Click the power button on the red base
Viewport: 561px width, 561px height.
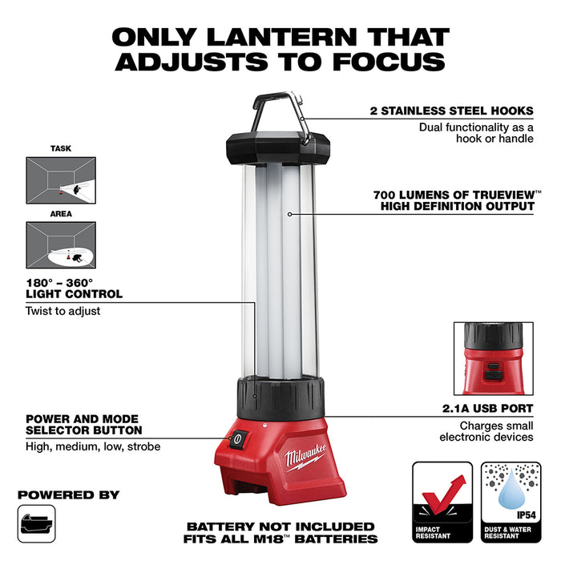(x=237, y=438)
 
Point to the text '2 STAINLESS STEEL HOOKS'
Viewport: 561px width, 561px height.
(x=452, y=112)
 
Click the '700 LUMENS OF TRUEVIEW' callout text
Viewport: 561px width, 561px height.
(x=454, y=195)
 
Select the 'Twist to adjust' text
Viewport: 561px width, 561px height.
(x=63, y=310)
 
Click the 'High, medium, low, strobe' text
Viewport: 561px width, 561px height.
(x=93, y=446)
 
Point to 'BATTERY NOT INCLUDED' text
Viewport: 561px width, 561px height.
(x=280, y=527)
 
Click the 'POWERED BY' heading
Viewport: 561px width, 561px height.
(x=69, y=494)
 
